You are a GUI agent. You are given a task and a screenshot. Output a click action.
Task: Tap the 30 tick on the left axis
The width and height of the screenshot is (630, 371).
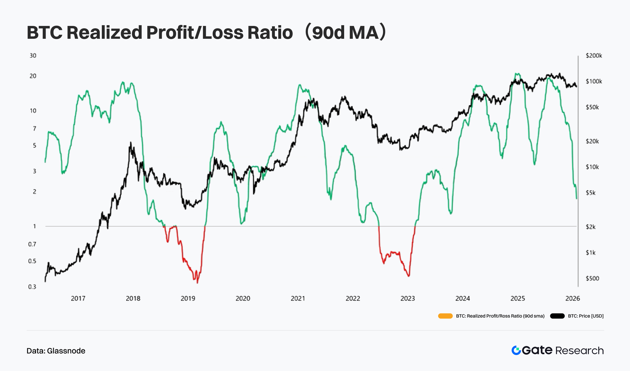click(x=33, y=56)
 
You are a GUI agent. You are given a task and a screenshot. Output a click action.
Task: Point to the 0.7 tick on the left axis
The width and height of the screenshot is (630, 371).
click(x=32, y=244)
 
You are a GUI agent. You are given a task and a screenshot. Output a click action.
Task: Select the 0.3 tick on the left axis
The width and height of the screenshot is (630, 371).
click(x=32, y=287)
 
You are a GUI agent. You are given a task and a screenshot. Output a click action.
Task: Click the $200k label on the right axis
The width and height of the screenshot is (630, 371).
click(x=594, y=56)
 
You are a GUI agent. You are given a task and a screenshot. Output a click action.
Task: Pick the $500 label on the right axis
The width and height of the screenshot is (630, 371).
click(x=592, y=278)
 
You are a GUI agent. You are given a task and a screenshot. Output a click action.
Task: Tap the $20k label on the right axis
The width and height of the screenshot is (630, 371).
click(x=592, y=141)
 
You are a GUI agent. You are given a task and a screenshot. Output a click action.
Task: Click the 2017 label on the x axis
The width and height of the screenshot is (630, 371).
click(x=78, y=298)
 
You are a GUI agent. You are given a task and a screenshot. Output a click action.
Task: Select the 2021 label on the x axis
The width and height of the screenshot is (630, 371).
click(x=298, y=298)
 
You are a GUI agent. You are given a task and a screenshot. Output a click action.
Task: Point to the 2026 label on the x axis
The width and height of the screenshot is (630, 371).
click(x=573, y=298)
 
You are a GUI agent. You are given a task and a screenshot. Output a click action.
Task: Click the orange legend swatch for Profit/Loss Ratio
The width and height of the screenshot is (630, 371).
click(x=445, y=316)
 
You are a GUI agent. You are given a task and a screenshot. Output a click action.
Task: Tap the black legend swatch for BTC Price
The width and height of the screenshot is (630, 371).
click(x=557, y=316)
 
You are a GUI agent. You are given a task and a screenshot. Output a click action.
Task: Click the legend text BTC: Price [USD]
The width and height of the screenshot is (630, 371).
click(x=586, y=316)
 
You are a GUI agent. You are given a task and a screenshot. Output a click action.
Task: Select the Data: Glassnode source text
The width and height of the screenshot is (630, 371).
click(x=56, y=351)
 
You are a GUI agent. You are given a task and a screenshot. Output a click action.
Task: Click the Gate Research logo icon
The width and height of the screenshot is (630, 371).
click(x=516, y=350)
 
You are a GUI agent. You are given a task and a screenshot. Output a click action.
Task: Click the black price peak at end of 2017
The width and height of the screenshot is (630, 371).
click(x=130, y=143)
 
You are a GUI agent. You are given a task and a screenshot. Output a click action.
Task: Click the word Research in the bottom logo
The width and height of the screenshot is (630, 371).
click(x=579, y=351)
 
